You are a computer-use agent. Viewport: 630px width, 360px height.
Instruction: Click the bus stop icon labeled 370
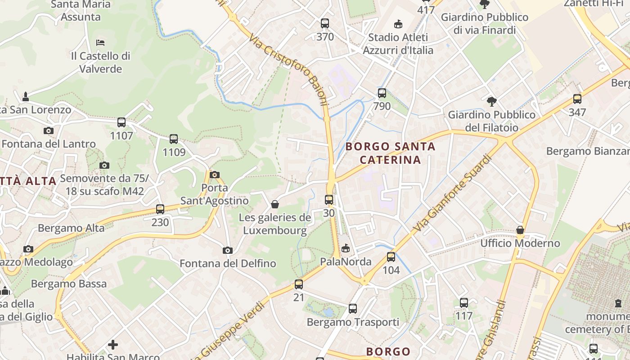[x=325, y=23]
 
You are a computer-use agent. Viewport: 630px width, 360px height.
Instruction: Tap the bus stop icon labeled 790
[x=382, y=93]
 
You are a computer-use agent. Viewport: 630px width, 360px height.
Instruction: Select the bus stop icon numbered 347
[x=577, y=99]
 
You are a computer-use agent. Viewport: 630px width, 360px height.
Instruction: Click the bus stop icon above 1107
[x=121, y=122]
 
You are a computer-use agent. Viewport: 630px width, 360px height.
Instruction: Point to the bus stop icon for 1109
[x=174, y=139]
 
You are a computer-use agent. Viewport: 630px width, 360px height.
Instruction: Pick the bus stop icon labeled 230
[x=160, y=209]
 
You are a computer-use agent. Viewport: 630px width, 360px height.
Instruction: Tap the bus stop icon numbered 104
[x=391, y=257]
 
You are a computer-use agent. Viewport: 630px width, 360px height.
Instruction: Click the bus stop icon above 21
[x=299, y=284]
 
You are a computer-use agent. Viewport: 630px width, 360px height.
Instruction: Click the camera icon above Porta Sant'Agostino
[x=215, y=175]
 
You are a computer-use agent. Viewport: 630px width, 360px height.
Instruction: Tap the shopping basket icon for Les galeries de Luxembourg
[x=275, y=205]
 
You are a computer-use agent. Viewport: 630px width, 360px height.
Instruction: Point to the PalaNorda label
[x=346, y=261]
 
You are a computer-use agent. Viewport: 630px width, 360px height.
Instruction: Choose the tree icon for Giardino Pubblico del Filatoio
[x=491, y=101]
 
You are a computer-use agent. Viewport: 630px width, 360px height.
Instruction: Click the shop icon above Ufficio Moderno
[x=520, y=230]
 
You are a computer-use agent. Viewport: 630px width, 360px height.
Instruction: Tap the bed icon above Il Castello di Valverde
[x=100, y=43]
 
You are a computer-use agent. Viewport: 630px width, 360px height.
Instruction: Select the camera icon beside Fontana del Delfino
[x=228, y=250]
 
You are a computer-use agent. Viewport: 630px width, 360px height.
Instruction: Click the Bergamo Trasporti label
[x=353, y=322]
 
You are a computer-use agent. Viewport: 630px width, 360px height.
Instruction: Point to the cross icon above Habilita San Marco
[x=113, y=345]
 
